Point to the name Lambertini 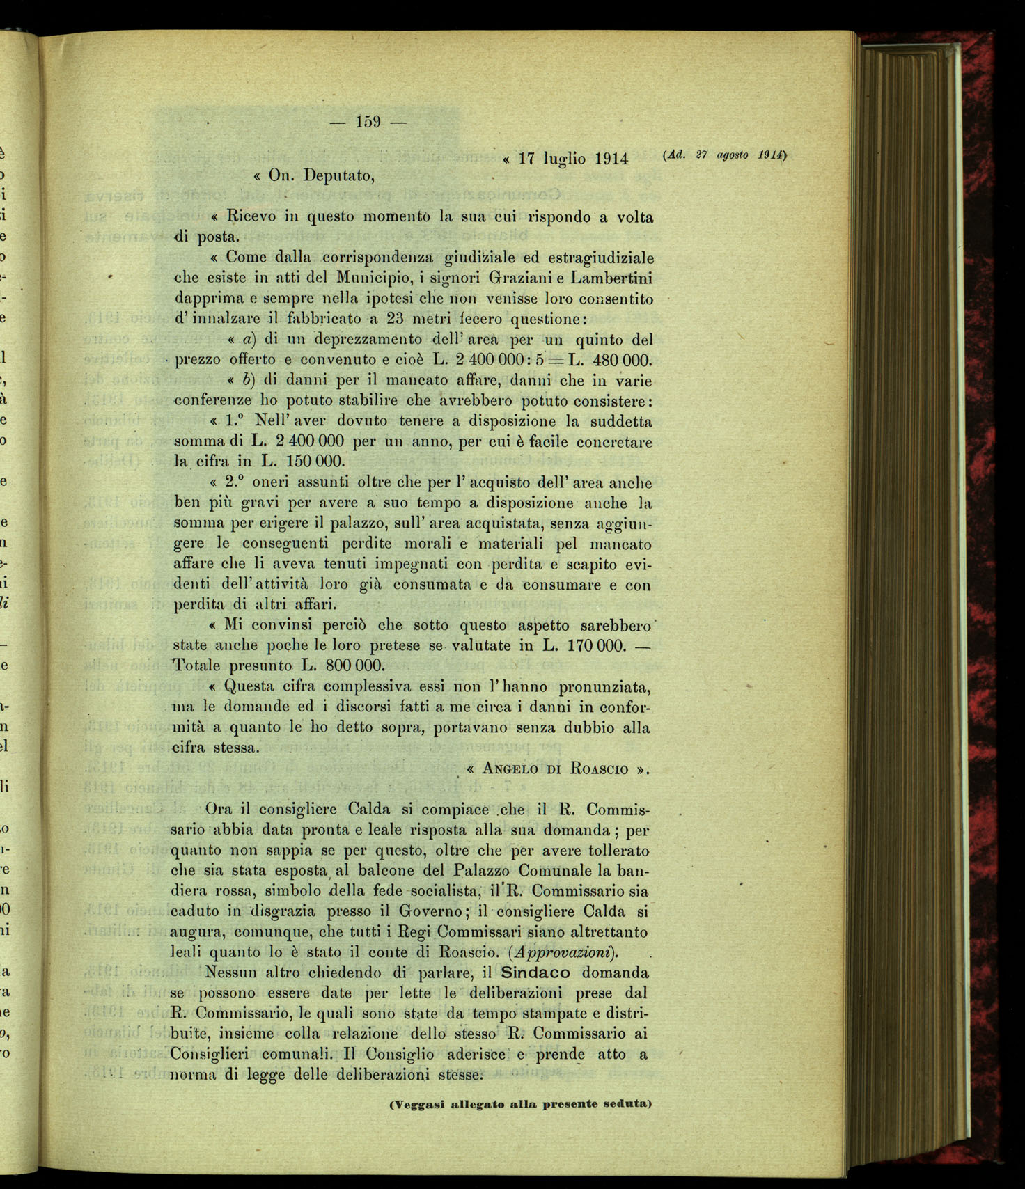pos(612,278)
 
